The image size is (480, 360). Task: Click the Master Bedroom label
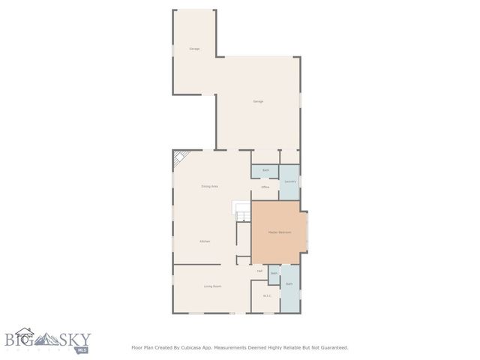point(279,232)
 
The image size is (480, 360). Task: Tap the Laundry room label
point(289,181)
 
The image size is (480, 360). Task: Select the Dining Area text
point(209,186)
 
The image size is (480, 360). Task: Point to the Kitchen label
point(204,241)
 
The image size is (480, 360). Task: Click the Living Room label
point(212,286)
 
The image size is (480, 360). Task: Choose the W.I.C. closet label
point(266,296)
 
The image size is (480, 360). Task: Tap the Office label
point(265,187)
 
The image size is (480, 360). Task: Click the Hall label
point(259,271)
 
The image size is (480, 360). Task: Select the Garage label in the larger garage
point(257,101)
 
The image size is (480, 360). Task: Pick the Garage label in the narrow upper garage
point(194,49)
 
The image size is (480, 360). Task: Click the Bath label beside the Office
point(265,171)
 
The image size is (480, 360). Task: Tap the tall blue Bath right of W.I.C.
point(289,284)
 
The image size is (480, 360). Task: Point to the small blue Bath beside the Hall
point(274,274)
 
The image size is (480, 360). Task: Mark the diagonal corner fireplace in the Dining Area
point(179,158)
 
